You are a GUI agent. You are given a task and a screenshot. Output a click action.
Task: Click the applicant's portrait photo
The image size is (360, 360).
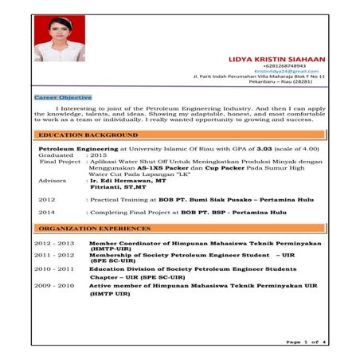click(59, 39)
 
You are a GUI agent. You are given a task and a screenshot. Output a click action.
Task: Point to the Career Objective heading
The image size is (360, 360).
click(63, 97)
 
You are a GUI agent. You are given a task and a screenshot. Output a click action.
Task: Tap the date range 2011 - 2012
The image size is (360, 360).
click(53, 255)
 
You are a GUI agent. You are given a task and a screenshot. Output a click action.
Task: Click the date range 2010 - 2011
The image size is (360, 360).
click(53, 269)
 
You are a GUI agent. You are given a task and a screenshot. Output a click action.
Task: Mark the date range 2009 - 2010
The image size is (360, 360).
click(53, 284)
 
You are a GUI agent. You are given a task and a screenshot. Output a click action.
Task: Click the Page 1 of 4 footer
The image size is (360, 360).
click(304, 342)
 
